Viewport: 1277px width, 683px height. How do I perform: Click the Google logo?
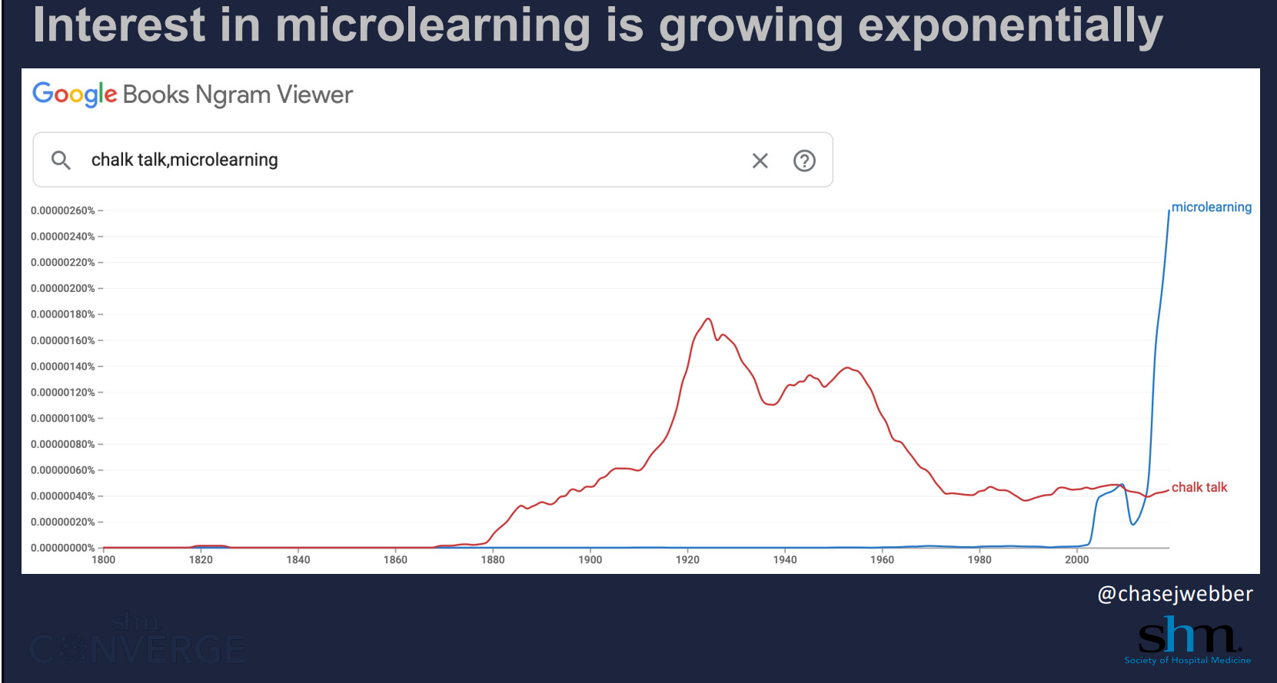click(75, 94)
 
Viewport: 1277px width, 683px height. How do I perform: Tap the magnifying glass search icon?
click(61, 160)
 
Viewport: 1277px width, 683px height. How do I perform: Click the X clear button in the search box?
click(760, 161)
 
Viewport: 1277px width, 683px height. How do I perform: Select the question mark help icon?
click(804, 161)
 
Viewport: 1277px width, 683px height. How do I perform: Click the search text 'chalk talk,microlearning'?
click(185, 160)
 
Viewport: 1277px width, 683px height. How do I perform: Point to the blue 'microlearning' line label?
click(1211, 207)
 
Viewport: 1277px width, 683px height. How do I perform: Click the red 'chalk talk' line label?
click(1199, 487)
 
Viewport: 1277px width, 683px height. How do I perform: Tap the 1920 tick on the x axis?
click(687, 559)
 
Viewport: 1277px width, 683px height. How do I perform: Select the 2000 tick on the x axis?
click(1076, 559)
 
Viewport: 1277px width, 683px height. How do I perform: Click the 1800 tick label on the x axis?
click(104, 559)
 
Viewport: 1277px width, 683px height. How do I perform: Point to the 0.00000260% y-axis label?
click(63, 211)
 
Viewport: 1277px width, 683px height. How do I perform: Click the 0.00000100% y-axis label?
click(63, 418)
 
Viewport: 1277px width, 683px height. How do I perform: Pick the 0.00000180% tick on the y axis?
click(63, 314)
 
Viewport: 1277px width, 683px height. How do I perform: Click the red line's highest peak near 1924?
click(708, 319)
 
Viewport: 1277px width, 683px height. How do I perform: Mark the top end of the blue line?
click(1169, 211)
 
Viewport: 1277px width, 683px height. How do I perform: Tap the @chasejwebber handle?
click(1175, 594)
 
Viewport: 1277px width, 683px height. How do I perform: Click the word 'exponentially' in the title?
click(1009, 25)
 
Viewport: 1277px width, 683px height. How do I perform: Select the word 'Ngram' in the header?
click(233, 94)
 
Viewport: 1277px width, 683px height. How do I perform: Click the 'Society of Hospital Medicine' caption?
click(1187, 660)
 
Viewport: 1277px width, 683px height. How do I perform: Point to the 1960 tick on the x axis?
click(882, 559)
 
